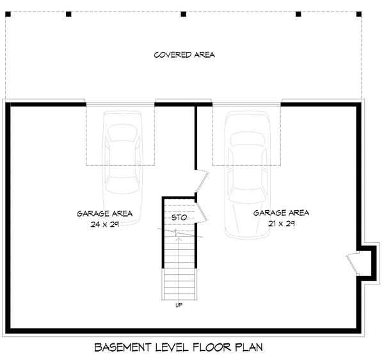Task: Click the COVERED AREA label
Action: click(x=184, y=54)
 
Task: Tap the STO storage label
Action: click(x=179, y=218)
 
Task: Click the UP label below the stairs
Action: click(x=179, y=305)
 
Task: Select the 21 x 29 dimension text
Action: click(x=281, y=224)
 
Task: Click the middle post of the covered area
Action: click(x=183, y=13)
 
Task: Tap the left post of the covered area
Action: click(x=68, y=13)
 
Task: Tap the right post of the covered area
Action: click(x=298, y=13)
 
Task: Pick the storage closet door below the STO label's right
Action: click(x=201, y=209)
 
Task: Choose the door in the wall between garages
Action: click(x=200, y=181)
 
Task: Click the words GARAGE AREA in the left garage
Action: click(x=104, y=213)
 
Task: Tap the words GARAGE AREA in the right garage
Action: click(x=281, y=213)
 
